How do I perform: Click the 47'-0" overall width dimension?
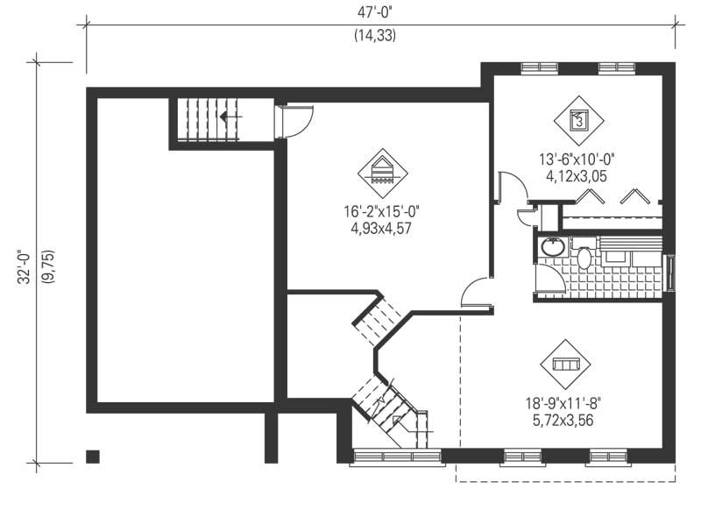(x=381, y=13)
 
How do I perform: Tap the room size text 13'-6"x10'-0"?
(x=577, y=159)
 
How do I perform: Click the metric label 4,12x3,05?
(x=577, y=175)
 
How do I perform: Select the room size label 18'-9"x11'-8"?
(x=564, y=403)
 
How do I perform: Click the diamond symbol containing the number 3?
(x=578, y=118)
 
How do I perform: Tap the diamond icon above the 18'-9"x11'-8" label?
(x=565, y=364)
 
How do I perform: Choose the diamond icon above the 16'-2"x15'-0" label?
(x=383, y=171)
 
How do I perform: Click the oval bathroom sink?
(x=553, y=247)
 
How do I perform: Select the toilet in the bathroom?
(x=584, y=257)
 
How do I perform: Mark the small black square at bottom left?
(x=92, y=456)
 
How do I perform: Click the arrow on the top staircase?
(x=230, y=116)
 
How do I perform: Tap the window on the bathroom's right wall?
(x=671, y=272)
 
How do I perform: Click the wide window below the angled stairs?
(x=397, y=456)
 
